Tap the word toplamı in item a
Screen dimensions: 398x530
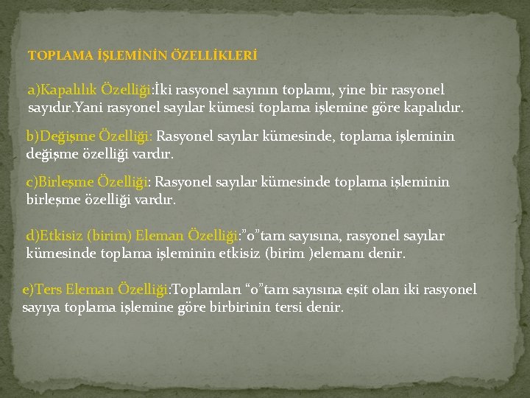click(305, 91)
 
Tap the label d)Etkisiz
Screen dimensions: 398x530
click(54, 237)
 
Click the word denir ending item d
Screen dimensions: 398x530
click(388, 254)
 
